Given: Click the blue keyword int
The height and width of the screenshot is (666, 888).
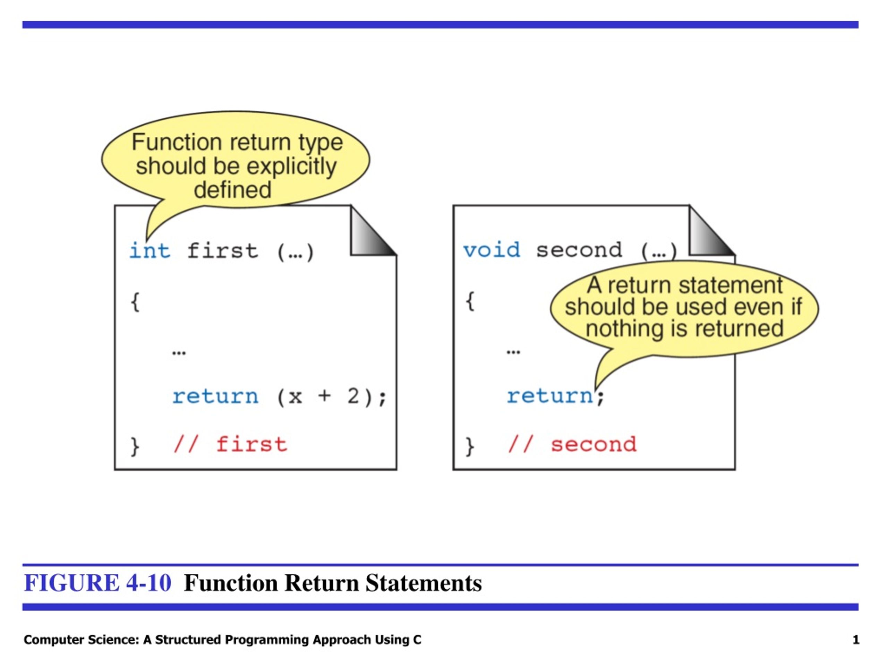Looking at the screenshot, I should click(150, 251).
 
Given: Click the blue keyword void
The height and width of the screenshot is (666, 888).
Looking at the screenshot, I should click(492, 250).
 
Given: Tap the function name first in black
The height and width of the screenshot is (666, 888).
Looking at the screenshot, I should click(222, 251).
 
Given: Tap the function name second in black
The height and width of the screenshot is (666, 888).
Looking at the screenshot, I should click(579, 250).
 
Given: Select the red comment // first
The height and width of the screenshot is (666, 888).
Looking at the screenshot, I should click(230, 445).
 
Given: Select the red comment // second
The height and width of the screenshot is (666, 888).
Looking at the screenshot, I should click(572, 445).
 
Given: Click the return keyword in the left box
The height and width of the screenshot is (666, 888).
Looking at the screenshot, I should click(215, 396).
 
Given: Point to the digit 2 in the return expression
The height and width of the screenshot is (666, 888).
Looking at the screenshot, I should click(353, 396).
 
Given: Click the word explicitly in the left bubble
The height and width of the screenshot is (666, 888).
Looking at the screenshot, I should click(291, 166).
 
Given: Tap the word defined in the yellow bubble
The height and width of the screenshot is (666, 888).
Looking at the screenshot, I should click(232, 189).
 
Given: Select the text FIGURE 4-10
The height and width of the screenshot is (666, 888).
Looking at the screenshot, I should click(97, 583).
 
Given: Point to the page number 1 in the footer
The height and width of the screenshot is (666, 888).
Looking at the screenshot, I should click(856, 640).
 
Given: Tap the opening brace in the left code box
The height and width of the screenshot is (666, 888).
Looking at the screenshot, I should click(135, 302).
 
